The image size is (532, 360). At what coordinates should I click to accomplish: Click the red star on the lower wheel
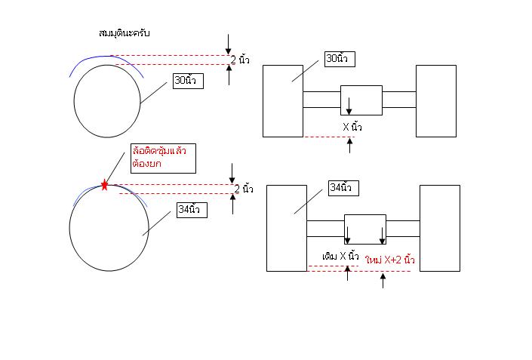(104, 184)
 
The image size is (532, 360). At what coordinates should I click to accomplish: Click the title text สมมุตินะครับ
(125, 34)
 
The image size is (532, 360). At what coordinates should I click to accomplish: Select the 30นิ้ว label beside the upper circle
(188, 81)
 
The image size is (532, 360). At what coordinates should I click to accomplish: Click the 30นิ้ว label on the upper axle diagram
(341, 59)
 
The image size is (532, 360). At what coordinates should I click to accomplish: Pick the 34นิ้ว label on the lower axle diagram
(345, 186)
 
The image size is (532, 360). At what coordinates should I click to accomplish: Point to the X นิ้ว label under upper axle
(352, 127)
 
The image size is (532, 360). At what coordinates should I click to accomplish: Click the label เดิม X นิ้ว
(340, 257)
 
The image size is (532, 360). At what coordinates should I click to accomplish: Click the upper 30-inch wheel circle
(106, 101)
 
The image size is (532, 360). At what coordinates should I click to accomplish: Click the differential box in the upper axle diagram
(361, 100)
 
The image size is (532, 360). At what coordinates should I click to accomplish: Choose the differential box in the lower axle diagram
(365, 229)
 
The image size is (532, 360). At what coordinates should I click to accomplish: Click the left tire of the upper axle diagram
(282, 100)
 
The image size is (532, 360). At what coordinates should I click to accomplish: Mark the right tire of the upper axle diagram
(436, 100)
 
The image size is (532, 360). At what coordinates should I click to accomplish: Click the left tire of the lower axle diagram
(287, 228)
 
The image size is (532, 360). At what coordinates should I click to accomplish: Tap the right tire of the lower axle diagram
(439, 228)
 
